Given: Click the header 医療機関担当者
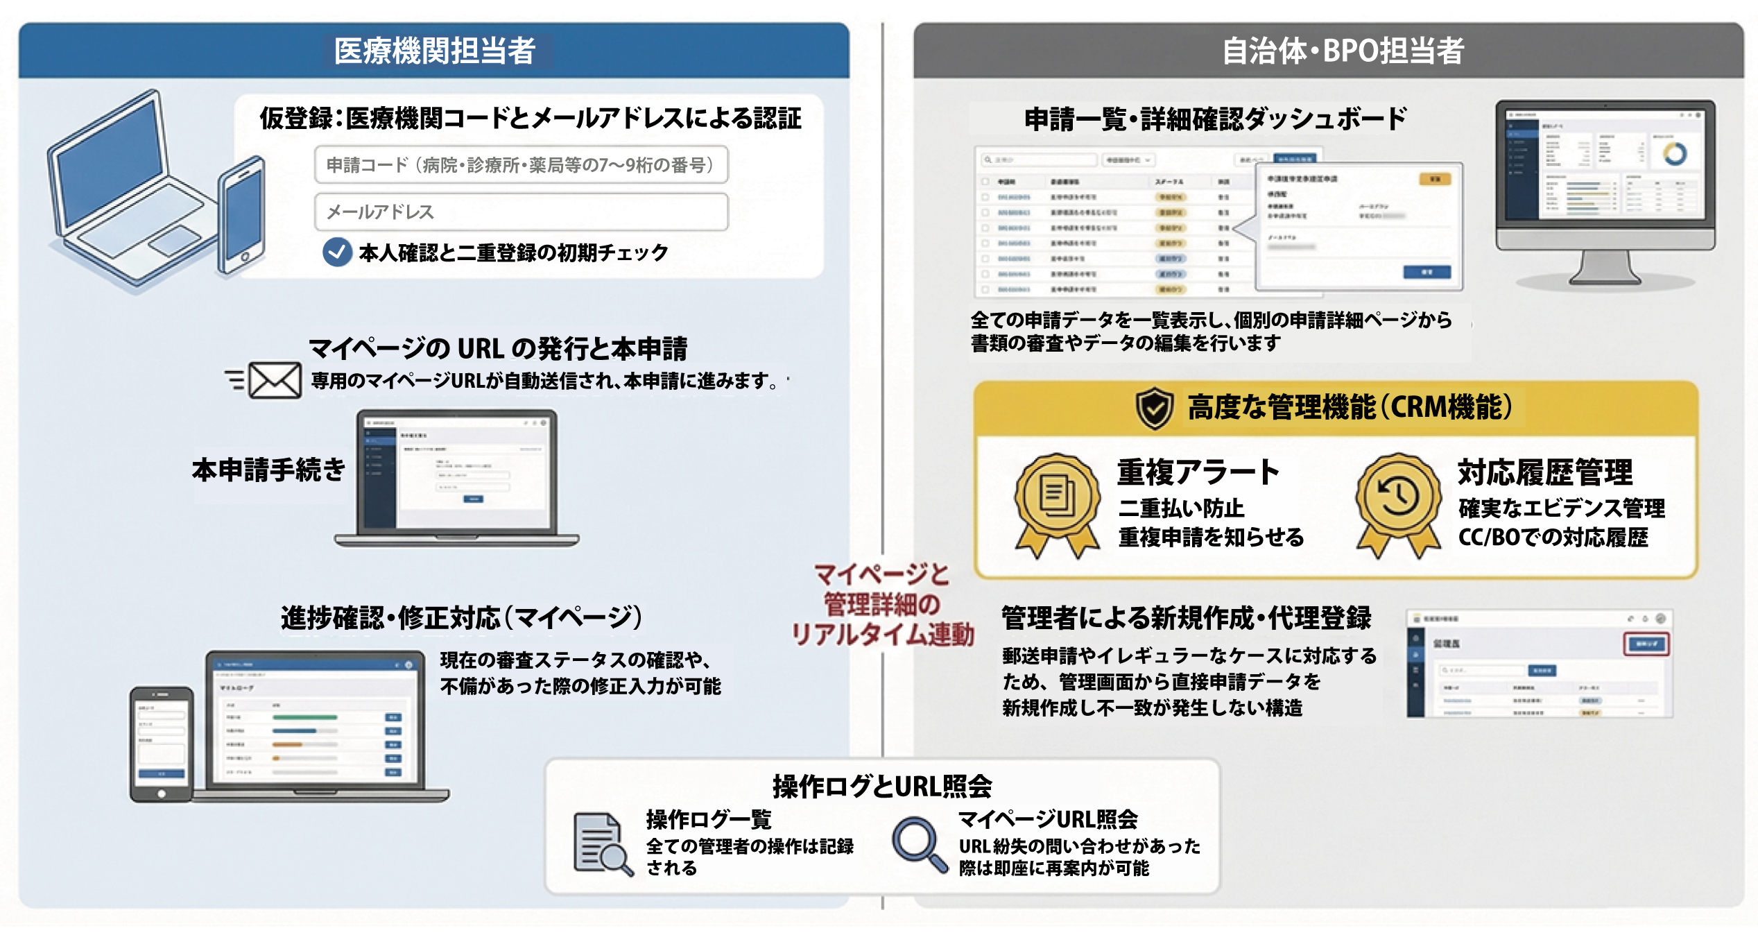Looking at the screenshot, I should pos(435,51).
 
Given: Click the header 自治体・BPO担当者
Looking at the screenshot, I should pos(1343,51).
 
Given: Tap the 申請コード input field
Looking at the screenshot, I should pos(521,164).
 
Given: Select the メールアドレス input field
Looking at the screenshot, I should pos(521,212).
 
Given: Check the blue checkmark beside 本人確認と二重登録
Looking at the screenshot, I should pos(337,252).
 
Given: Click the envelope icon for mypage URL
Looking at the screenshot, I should pos(275,380).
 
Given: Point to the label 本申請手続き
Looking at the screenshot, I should pos(268,470).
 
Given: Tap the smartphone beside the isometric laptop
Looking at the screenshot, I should pos(241,215).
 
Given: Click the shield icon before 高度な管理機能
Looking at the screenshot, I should pos(1155,408).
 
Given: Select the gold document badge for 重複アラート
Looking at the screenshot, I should pos(1057,498).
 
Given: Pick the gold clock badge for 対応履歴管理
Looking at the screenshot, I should pos(1398,498).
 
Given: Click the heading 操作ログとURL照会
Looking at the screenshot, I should pos(882,786).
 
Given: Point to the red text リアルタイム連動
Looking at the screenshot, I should pos(882,634).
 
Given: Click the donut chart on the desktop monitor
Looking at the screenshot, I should pos(1675,153).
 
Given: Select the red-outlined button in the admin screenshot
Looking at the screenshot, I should pos(1646,644).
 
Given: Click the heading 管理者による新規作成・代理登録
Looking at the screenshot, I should pos(1186,617).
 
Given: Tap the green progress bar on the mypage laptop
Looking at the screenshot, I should pos(305,717).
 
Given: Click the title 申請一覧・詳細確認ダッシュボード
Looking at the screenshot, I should pos(1215,119).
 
